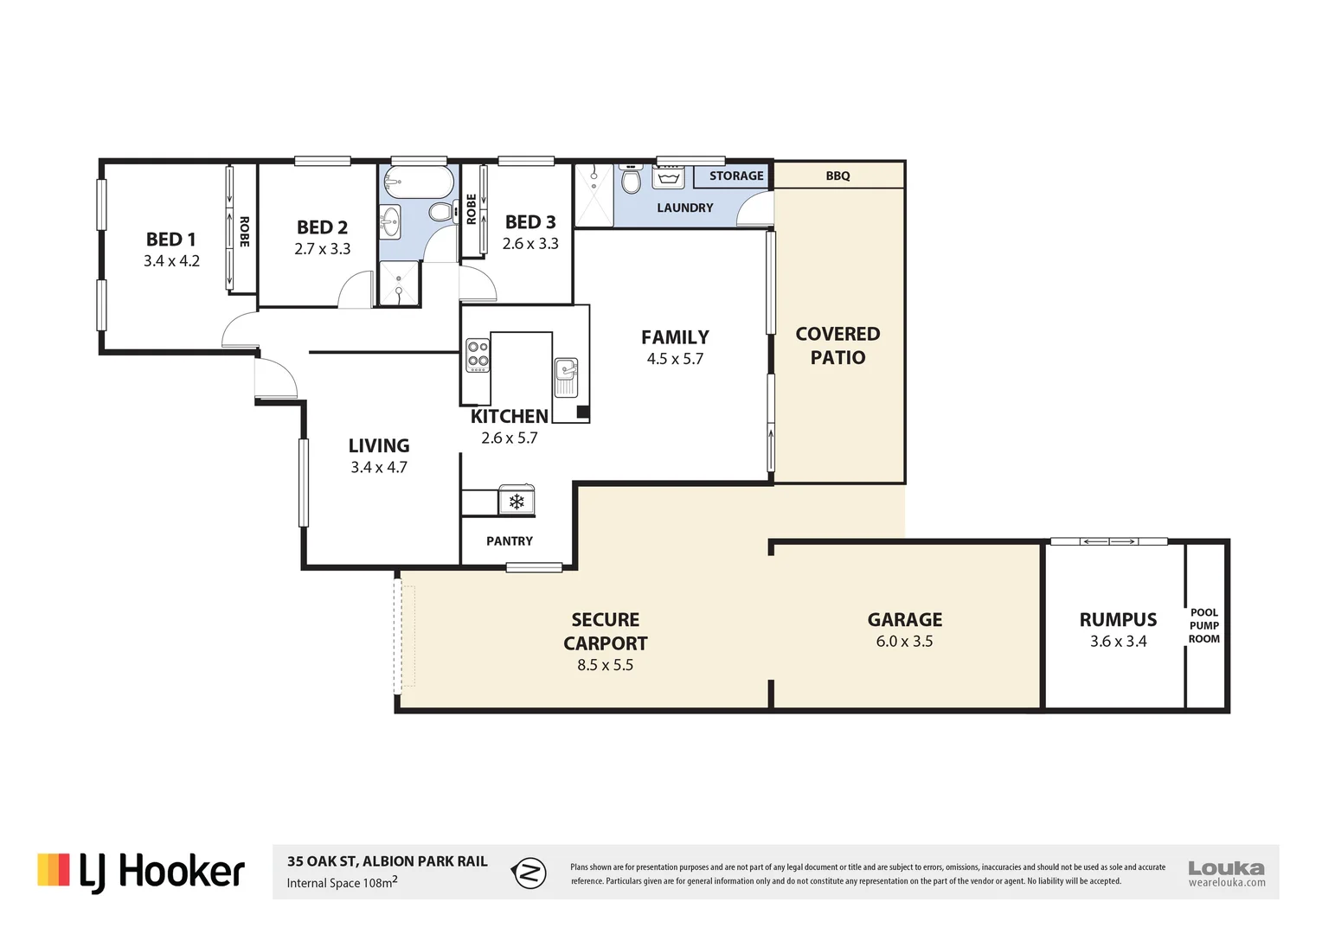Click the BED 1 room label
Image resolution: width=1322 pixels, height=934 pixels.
click(170, 240)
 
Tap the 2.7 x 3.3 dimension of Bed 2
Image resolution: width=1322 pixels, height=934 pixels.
click(322, 249)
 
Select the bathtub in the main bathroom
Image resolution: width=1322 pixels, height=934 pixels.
click(419, 181)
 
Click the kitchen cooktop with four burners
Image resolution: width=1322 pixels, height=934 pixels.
click(478, 355)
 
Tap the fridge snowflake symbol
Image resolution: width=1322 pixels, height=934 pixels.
click(517, 502)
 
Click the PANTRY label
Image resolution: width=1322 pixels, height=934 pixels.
click(510, 541)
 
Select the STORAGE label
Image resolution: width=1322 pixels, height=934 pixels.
click(736, 176)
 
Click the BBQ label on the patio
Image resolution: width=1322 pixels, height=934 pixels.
click(837, 176)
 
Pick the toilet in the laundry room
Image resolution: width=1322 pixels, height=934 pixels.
click(631, 179)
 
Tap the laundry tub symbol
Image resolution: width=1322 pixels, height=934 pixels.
click(668, 177)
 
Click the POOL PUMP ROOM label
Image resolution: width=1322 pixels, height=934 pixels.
click(1204, 625)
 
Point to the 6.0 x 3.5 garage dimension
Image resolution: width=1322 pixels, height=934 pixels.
click(904, 642)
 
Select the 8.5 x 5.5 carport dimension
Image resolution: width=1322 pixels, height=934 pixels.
click(605, 665)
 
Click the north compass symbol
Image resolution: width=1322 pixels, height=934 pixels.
click(529, 873)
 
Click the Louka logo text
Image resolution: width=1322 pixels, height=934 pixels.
click(1226, 868)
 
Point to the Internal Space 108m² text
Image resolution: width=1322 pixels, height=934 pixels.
click(342, 883)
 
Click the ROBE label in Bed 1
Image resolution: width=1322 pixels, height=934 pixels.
click(244, 232)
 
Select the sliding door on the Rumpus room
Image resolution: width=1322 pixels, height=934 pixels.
click(1109, 541)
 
